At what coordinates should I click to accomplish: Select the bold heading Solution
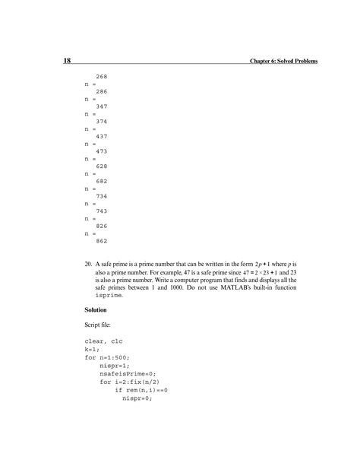point(97,311)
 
